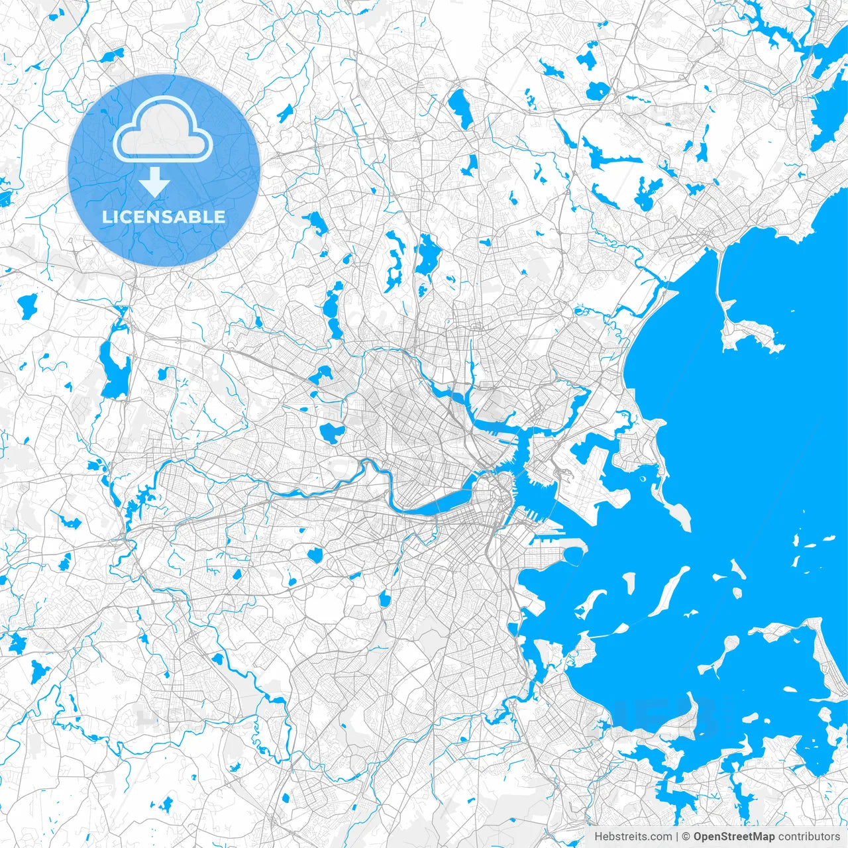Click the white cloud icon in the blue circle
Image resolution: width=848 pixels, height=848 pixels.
click(x=163, y=130)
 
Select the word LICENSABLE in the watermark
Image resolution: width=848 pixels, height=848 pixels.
click(x=164, y=217)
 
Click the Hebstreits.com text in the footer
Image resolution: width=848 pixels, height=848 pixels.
click(x=633, y=837)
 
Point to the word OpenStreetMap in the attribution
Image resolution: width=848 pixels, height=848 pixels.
click(x=734, y=837)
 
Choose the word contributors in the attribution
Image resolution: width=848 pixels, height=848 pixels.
click(x=808, y=837)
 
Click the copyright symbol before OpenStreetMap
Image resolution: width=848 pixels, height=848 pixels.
click(x=686, y=837)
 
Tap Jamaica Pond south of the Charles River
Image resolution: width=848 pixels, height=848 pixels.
click(x=385, y=599)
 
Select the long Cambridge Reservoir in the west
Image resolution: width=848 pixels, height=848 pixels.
click(x=113, y=368)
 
